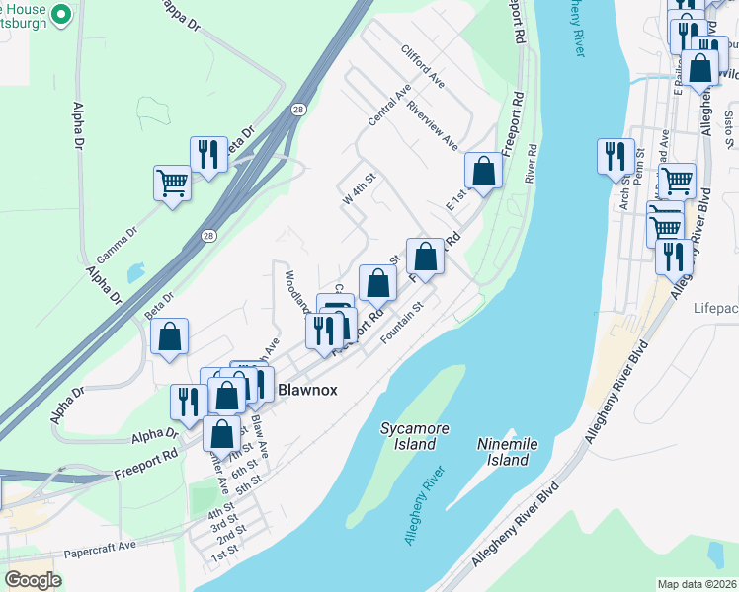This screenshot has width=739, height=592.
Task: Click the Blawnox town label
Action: pos(306,390)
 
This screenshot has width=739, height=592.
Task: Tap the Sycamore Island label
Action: pos(409,436)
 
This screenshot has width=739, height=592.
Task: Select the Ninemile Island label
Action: pos(507,452)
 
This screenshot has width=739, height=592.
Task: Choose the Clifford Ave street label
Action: pos(423,65)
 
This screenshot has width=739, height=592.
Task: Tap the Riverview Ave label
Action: pos(433,126)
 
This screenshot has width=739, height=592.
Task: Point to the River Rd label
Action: pos(532,163)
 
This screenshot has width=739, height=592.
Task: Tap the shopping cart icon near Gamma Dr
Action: pos(172,184)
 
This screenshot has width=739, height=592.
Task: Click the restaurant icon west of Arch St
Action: pos(615,157)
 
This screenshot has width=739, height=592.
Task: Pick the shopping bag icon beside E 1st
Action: pos(484,171)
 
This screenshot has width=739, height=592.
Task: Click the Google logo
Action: pos(34,580)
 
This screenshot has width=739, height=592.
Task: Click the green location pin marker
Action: pos(61,15)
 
